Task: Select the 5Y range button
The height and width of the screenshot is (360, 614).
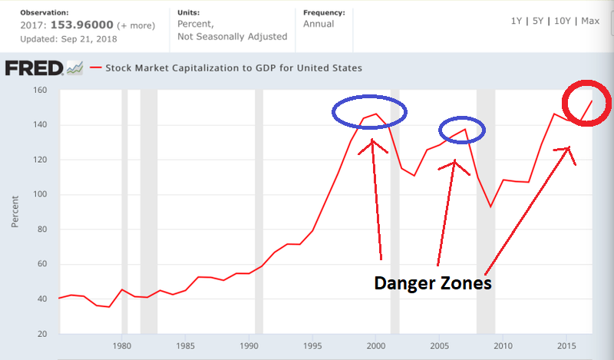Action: click(540, 21)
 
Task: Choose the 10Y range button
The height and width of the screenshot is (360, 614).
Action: click(564, 21)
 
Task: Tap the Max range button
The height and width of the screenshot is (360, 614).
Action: click(590, 21)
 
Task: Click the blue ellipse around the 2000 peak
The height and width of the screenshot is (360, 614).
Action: click(369, 112)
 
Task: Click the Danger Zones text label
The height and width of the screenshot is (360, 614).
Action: click(432, 282)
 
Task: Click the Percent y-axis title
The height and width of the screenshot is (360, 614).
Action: click(15, 212)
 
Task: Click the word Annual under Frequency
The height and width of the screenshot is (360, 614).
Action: click(319, 24)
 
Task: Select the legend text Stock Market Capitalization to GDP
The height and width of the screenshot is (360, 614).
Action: click(233, 68)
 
